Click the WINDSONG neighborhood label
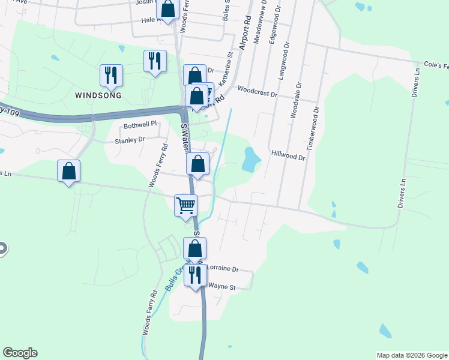point(98,95)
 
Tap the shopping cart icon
point(186,205)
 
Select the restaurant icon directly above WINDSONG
point(111,75)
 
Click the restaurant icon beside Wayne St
point(195,275)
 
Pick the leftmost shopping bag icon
point(69,171)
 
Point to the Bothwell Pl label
point(140,124)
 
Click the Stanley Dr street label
point(130,140)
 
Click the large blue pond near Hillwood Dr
point(250,159)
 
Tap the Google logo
point(20,353)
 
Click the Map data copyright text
point(411,355)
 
